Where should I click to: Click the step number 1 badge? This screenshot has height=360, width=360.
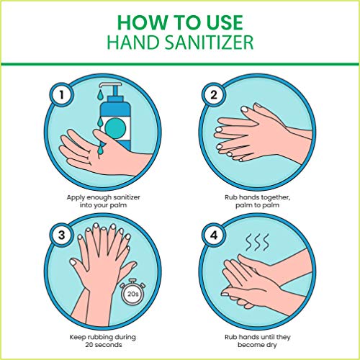click(x=62, y=94)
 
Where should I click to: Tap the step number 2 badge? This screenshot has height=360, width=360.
click(x=213, y=94)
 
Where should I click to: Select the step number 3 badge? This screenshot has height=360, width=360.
click(x=62, y=235)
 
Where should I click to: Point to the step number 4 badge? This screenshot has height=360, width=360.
click(x=213, y=235)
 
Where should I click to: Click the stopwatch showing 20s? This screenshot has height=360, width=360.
click(x=132, y=292)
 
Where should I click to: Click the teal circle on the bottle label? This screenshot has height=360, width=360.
click(x=115, y=128)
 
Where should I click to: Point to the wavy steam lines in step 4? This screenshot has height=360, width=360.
click(x=258, y=242)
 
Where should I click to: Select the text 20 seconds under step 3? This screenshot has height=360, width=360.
click(x=104, y=345)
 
